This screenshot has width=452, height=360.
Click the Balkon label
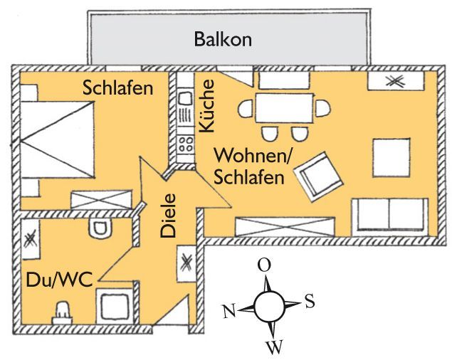pyautogui.click(x=223, y=39)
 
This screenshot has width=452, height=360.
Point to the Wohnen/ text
pyautogui.click(x=248, y=155)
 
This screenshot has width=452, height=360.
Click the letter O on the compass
pyautogui.click(x=264, y=265)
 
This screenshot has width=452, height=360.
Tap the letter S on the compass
pyautogui.click(x=310, y=302)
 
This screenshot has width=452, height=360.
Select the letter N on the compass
pyautogui.click(x=228, y=312)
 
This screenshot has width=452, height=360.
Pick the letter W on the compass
pyautogui.click(x=274, y=347)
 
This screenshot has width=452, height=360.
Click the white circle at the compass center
pyautogui.click(x=268, y=307)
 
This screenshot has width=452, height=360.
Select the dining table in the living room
pyautogui.click(x=284, y=109)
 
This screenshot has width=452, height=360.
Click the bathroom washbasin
pyautogui.click(x=63, y=312)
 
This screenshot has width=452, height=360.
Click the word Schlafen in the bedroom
pyautogui.click(x=117, y=89)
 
